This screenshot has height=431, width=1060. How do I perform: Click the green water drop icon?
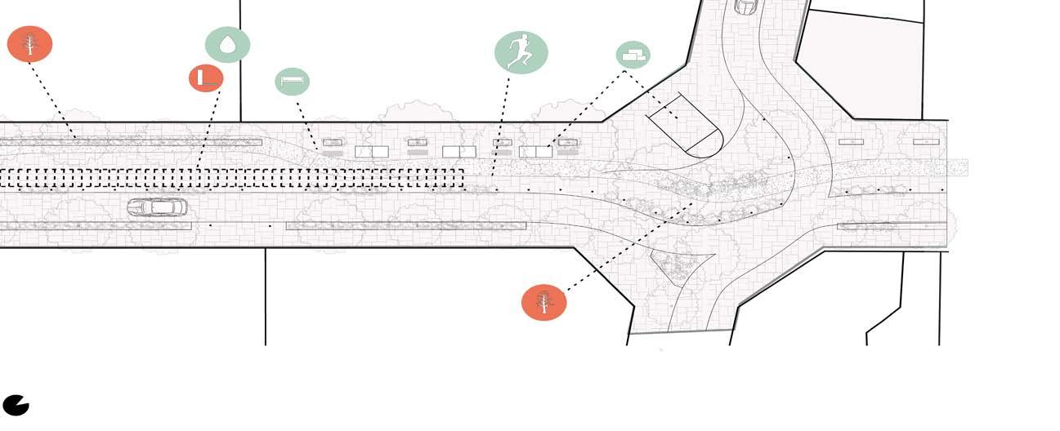pos(227,45)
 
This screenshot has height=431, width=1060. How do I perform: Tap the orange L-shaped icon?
pos(206,78)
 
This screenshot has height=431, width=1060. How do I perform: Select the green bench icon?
pos(292,82)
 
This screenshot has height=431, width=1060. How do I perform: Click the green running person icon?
pos(521,52)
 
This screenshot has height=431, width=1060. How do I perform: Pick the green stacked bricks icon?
pos(633,55)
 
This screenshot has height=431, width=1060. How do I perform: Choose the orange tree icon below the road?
pos(543,302)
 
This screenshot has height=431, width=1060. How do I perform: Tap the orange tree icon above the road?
pos(30,43)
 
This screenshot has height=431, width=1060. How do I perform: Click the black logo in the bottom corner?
pos(16,405)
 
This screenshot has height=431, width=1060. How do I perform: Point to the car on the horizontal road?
pos(157,207)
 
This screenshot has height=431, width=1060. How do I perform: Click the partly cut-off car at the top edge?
pos(746,7)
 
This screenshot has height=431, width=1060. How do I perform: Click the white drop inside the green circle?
pos(227,44)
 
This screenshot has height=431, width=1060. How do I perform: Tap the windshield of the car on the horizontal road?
pos(171,207)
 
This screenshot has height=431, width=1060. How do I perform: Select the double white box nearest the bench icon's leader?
pos(371,152)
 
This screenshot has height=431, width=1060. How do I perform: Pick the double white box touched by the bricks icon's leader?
pos(536,152)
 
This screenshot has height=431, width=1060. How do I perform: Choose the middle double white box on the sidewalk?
pos(459,152)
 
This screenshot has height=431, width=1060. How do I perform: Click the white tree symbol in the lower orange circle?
pos(543,302)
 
